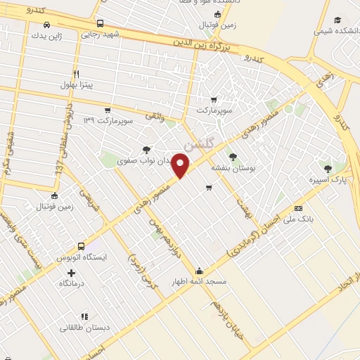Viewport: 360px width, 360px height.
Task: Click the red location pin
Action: click(x=181, y=166)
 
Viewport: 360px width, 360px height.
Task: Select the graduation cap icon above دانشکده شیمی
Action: click(x=337, y=20)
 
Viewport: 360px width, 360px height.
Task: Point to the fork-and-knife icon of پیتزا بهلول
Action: click(x=76, y=73)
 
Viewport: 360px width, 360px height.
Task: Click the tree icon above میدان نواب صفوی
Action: click(x=146, y=149)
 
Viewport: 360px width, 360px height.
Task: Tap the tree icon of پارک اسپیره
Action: click(x=328, y=168)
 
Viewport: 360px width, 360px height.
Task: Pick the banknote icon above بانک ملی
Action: click(x=298, y=208)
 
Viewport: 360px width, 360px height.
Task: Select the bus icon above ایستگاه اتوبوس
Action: click(x=82, y=247)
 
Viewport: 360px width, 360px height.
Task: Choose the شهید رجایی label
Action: click(x=101, y=34)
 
